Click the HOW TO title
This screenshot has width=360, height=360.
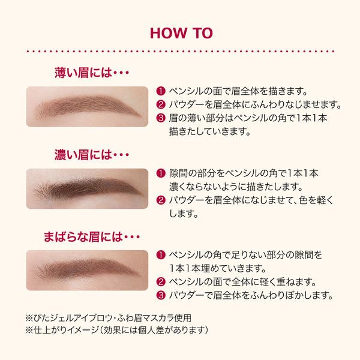coord(179,32)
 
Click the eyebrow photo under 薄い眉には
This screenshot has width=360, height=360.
coord(88,106)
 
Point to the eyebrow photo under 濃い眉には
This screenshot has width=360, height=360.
coord(88,188)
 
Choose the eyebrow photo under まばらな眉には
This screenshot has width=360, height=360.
coord(88,269)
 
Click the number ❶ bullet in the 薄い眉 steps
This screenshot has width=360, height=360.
coord(160,92)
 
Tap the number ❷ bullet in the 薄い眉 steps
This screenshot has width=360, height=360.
coord(160,105)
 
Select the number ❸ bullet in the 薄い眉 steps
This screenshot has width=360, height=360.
coord(160,118)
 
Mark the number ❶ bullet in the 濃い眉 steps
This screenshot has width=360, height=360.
coord(160,173)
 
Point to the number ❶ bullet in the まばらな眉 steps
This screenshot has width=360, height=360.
coord(160,255)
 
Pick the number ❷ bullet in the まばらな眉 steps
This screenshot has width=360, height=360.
coord(160,281)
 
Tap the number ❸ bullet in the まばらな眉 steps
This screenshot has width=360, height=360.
coord(160,295)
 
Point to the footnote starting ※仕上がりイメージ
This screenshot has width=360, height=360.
coord(116,330)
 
